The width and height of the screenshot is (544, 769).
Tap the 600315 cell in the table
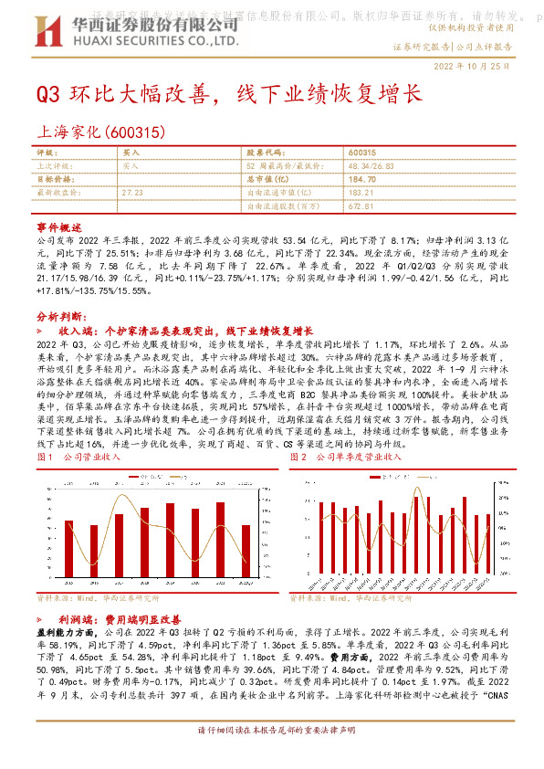coord(362,153)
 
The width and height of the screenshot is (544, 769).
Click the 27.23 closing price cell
coord(132,194)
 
